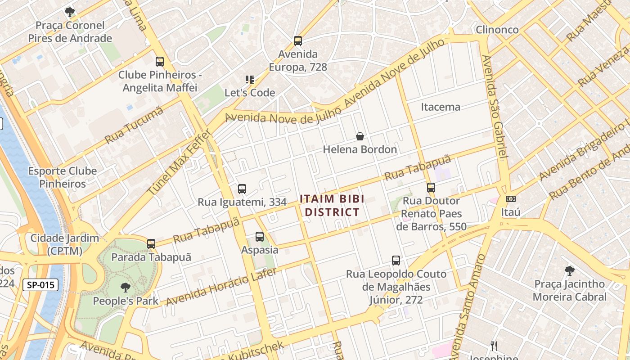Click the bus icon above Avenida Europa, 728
pos(297,41)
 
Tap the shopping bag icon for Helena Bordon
pos(360,136)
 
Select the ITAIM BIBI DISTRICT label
pos(332,205)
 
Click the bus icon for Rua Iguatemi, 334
pos(242,189)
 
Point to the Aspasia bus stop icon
pos(260,237)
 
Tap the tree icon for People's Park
pos(126,288)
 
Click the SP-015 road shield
pos(41,284)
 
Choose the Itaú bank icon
pos(511,199)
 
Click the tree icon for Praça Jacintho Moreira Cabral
pos(570,271)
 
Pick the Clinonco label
pos(497,30)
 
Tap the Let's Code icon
pos(250,80)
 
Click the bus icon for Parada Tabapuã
pos(151,244)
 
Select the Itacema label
pos(441,107)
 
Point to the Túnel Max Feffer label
pos(179,162)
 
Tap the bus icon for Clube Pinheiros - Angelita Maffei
pos(160,62)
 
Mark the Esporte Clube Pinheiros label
pos(63,177)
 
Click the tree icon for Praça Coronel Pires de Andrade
pos(69,12)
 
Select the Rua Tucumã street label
pos(134,126)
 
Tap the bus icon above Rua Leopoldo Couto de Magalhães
pos(396,261)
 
